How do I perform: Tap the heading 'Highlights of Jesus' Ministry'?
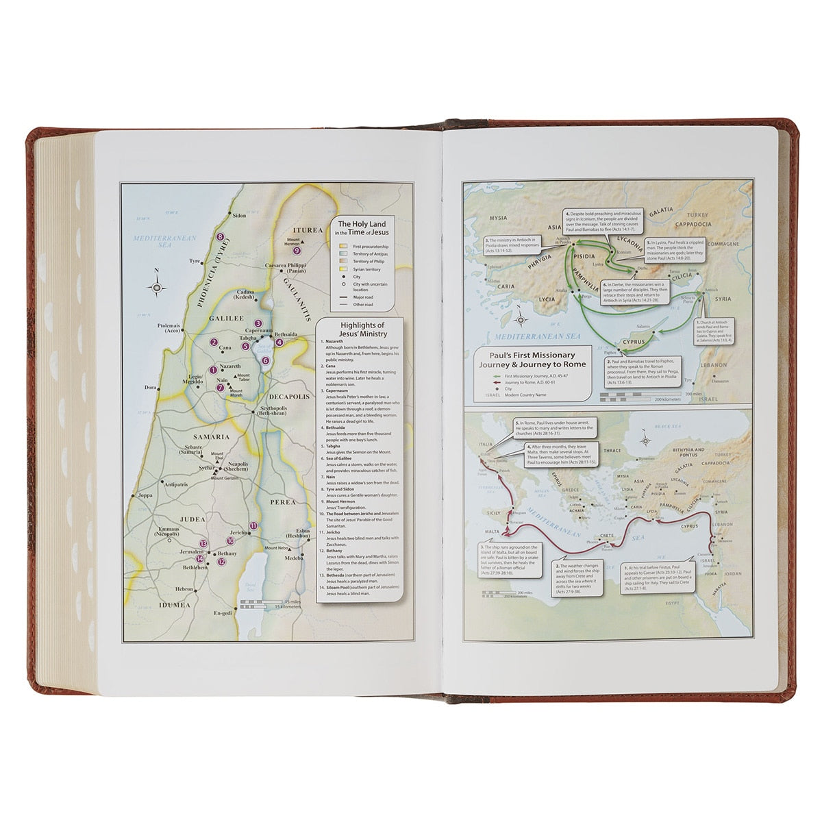tap(362, 329)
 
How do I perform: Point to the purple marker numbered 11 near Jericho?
tap(253, 525)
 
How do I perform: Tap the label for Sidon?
tap(238, 215)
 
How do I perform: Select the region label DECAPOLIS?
tap(289, 397)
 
